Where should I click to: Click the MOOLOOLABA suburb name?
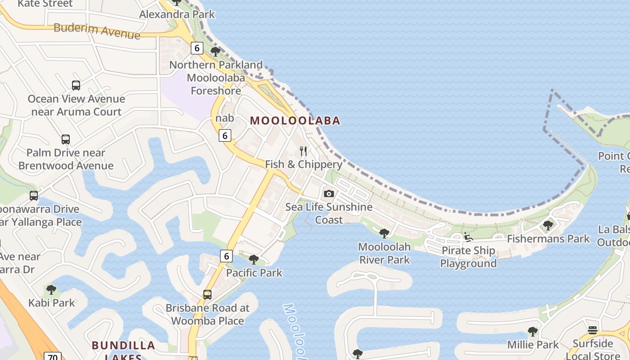[295, 121]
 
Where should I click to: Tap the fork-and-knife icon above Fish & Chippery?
[303, 151]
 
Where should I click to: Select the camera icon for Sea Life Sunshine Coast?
[329, 193]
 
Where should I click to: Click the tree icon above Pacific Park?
[254, 259]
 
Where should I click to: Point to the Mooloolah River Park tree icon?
[384, 233]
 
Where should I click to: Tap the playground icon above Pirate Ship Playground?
[468, 237]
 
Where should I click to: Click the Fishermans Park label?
[548, 239]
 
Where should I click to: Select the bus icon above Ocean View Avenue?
[76, 85]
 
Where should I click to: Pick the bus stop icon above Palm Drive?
[66, 139]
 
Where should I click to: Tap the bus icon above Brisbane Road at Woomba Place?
[207, 295]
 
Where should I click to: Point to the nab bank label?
[225, 118]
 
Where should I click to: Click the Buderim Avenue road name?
[97, 31]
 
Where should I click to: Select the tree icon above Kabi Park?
[51, 289]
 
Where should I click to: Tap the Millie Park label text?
[533, 345]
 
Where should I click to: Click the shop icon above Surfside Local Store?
[593, 330]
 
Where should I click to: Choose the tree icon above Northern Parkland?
[216, 51]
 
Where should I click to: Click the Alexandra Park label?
[177, 14]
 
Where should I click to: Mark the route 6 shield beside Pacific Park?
[226, 256]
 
